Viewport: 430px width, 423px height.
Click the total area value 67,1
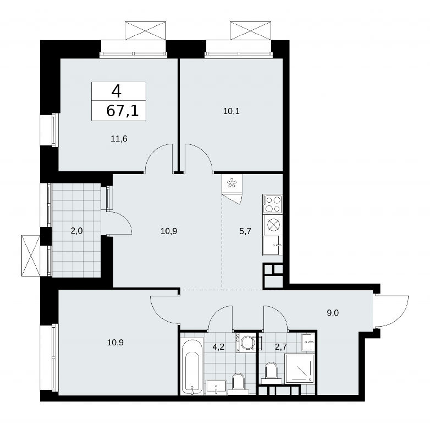coord(123,111)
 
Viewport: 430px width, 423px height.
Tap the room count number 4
coord(116,91)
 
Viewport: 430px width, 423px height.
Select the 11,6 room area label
coord(119,139)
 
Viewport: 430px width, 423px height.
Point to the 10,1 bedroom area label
coord(231,111)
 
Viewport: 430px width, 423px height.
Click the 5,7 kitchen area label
coord(245,231)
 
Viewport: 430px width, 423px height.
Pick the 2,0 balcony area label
coord(76,231)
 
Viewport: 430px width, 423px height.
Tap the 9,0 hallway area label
coord(333,313)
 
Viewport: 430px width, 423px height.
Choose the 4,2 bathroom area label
coord(218,346)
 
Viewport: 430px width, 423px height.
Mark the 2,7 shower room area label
coord(281,346)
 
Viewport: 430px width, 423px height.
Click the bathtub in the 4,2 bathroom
coord(192,366)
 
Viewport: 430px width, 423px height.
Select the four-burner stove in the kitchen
coord(273,204)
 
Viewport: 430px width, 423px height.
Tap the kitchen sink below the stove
coord(272,245)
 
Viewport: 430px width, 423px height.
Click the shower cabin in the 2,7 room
coord(300,368)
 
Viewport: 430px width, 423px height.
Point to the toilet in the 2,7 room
coord(271,372)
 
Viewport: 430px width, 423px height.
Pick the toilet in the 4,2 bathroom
coord(238,383)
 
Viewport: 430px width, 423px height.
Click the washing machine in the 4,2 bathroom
coord(246,342)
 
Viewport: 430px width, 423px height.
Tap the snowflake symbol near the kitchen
coord(232,183)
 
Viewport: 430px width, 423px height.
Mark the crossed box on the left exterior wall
coord(31,256)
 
